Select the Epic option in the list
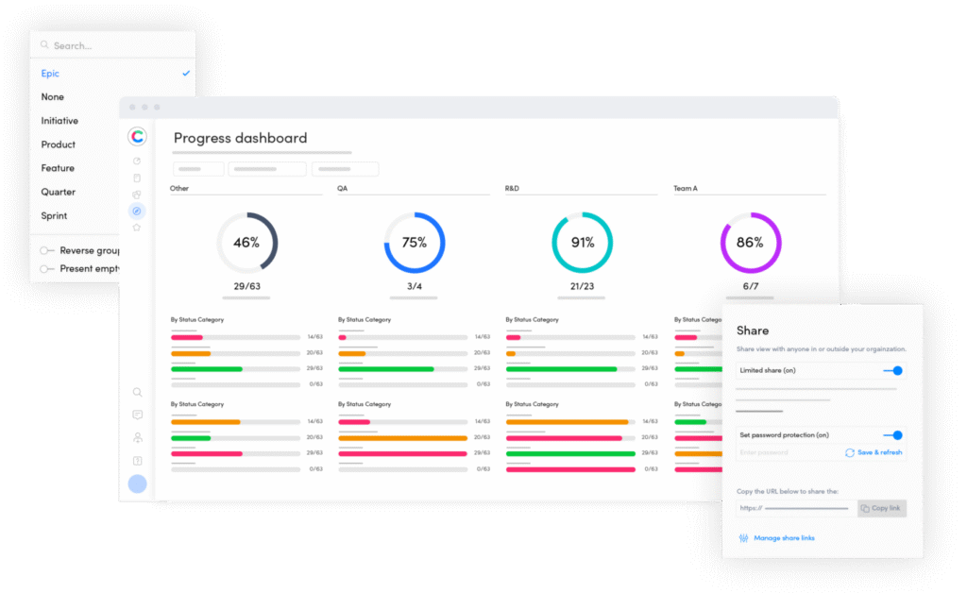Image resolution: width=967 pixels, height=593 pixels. (50, 74)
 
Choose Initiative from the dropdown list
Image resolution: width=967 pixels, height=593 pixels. (59, 121)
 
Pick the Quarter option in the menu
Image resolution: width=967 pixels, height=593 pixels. (58, 192)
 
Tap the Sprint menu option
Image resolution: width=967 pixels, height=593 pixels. (54, 215)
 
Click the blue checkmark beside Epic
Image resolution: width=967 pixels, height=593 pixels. (186, 74)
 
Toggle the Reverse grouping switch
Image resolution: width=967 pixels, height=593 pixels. (45, 251)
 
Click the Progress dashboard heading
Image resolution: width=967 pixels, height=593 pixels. (240, 138)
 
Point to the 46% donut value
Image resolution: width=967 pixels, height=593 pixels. (246, 243)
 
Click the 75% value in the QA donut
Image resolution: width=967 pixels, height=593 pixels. (414, 243)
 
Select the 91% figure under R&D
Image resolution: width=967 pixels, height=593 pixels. (582, 243)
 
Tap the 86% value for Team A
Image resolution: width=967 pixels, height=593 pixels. (750, 243)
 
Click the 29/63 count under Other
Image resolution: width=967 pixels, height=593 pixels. (246, 285)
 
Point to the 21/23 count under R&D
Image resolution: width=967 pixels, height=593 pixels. (582, 285)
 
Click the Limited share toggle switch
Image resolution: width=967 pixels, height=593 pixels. (892, 371)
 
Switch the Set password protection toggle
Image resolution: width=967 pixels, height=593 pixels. (892, 435)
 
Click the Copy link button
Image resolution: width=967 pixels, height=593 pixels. (881, 508)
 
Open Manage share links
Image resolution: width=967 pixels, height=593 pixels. (784, 538)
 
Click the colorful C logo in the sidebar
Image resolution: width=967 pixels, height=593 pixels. (138, 137)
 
